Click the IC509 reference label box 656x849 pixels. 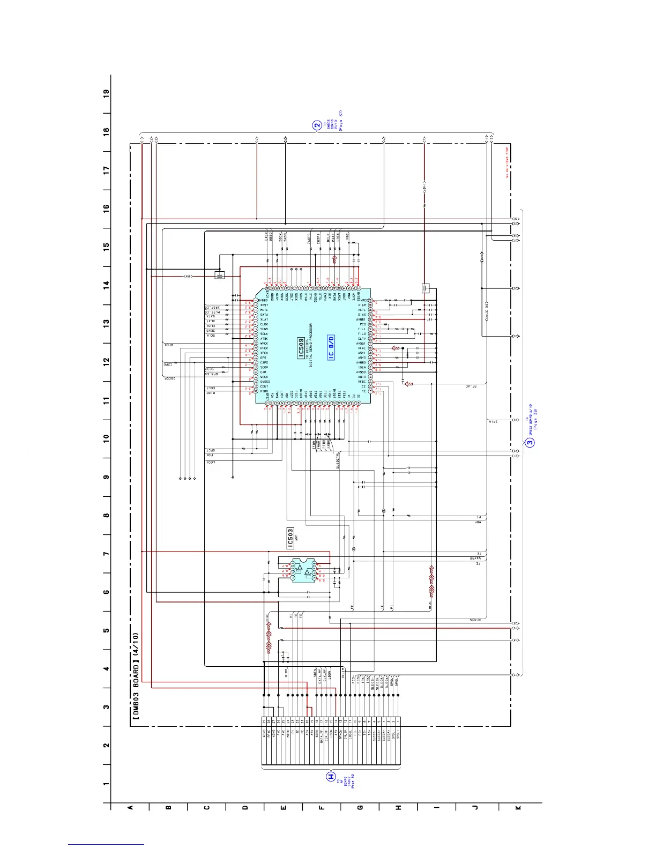click(x=301, y=348)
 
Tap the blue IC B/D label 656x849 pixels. click(x=331, y=348)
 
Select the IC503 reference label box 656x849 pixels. click(x=290, y=539)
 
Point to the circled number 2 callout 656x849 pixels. click(x=317, y=125)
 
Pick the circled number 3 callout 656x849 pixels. click(x=530, y=442)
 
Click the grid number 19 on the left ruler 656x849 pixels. click(x=107, y=93)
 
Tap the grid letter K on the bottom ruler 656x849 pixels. click(x=518, y=808)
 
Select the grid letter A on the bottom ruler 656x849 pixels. click(x=130, y=808)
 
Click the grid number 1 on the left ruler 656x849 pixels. click(x=107, y=784)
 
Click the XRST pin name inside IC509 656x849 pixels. click(x=264, y=305)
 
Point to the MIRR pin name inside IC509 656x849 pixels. click(x=264, y=391)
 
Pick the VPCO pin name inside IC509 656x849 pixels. click(x=364, y=301)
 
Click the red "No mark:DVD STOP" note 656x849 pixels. click(x=507, y=162)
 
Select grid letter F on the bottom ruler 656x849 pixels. click(x=322, y=808)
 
